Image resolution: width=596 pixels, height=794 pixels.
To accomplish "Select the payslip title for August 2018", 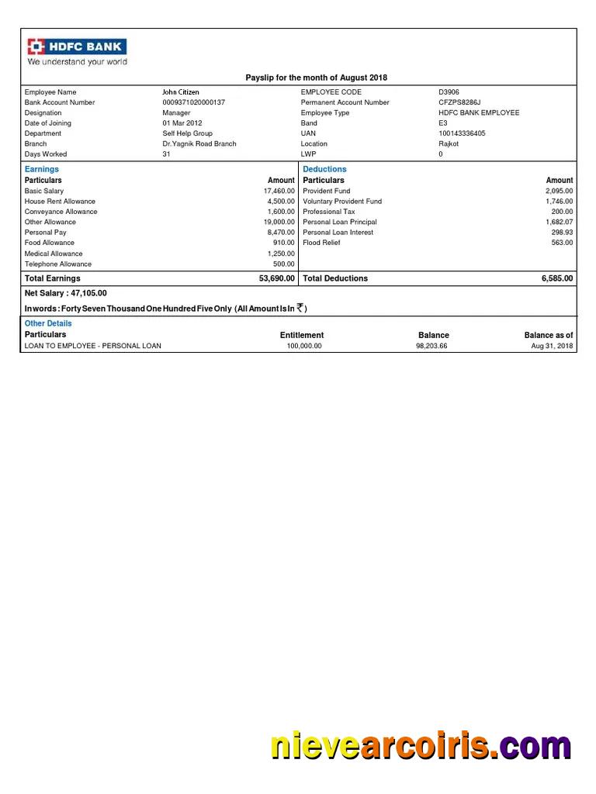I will pos(316,78).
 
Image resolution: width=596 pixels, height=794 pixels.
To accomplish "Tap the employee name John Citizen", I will pos(180,92).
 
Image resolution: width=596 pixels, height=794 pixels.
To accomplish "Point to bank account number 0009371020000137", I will pos(193,102).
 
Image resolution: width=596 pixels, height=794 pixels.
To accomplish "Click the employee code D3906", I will pos(449,92).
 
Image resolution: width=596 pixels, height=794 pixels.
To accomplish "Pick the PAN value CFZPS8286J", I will pos(459,102).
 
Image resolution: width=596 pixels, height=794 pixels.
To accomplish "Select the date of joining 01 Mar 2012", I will pos(182,123).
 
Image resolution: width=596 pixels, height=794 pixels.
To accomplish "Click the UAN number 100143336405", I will pos(462,133).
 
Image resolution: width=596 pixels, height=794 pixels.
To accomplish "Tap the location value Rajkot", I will pos(449,143).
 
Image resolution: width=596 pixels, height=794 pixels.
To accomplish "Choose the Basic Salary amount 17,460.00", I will pos(279,191).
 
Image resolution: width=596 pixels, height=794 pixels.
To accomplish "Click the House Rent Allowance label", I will pos(60,201).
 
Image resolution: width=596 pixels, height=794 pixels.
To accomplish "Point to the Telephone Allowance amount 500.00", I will pos(284,264).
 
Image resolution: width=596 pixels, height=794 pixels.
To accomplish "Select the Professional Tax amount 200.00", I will pos(562,212).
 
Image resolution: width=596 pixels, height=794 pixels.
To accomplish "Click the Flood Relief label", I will pos(321,243).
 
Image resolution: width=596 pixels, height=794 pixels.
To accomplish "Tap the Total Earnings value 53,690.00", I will pos(276,278).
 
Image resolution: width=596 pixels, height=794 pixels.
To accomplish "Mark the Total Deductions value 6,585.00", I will pos(557,278).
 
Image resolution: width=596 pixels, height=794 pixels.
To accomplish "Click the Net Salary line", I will pos(66,293).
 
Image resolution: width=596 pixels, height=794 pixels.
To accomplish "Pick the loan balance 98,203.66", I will pos(431,346).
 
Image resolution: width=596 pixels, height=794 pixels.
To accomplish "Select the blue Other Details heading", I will pos(48,323).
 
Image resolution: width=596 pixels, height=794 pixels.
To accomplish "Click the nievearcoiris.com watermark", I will pos(420,746).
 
